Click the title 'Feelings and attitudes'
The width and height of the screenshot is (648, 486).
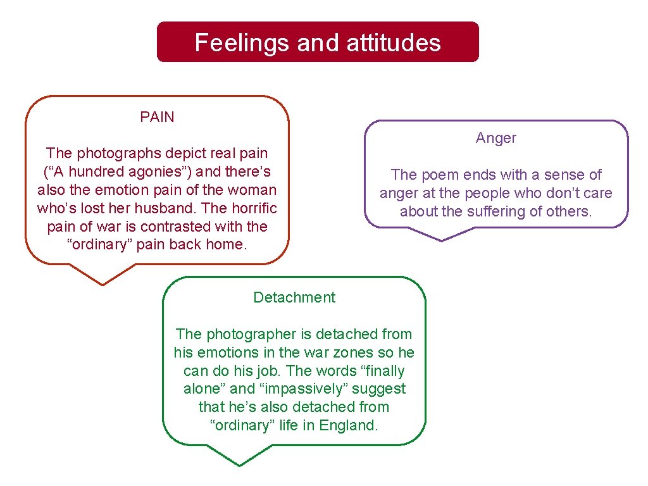[x=318, y=42]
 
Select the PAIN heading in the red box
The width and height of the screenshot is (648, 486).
[x=157, y=117]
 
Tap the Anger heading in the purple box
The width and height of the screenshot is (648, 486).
[x=496, y=138]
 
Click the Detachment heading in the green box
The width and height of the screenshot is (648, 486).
[x=294, y=297]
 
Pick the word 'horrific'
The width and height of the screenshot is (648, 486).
[x=251, y=208]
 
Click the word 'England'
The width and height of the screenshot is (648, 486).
[x=349, y=425]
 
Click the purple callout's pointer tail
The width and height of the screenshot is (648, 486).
[x=441, y=237]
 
